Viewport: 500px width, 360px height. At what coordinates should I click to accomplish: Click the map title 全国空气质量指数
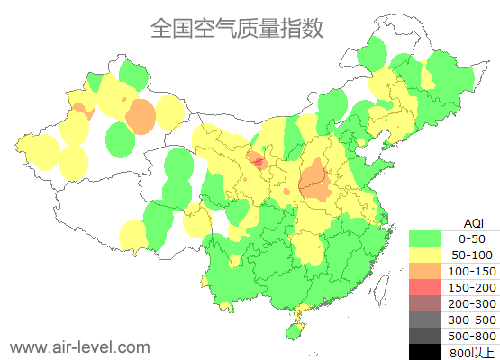tap(237, 29)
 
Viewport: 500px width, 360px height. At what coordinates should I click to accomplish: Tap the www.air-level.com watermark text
tap(79, 346)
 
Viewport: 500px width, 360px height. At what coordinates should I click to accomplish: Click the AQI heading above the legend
tap(473, 222)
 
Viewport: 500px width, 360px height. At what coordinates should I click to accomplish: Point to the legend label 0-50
tap(473, 238)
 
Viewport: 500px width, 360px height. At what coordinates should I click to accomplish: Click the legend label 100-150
tap(473, 271)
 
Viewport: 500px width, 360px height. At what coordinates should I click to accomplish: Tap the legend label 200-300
tap(473, 303)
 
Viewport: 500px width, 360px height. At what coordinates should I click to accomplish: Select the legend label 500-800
tap(473, 336)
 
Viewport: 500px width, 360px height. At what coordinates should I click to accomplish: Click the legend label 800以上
tap(473, 352)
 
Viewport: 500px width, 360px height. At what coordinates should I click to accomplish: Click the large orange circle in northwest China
tap(141, 116)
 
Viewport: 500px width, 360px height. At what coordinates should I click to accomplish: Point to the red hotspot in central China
tap(258, 163)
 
